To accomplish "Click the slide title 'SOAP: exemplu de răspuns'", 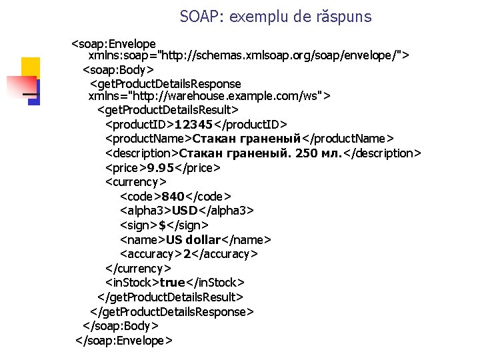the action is click(x=275, y=17).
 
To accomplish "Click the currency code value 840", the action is click(x=173, y=196).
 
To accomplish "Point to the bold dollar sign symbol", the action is click(x=162, y=225).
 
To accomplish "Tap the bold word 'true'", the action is click(x=172, y=283).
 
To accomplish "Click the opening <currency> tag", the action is click(x=136, y=181).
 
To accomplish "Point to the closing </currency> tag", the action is click(x=139, y=268).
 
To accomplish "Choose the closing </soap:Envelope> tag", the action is click(x=125, y=341).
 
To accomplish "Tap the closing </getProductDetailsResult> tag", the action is click(x=170, y=297).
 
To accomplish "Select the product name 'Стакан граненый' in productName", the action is click(x=247, y=139).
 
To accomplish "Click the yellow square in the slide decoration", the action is click(x=31, y=67).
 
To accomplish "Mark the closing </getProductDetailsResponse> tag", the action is click(x=172, y=311).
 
